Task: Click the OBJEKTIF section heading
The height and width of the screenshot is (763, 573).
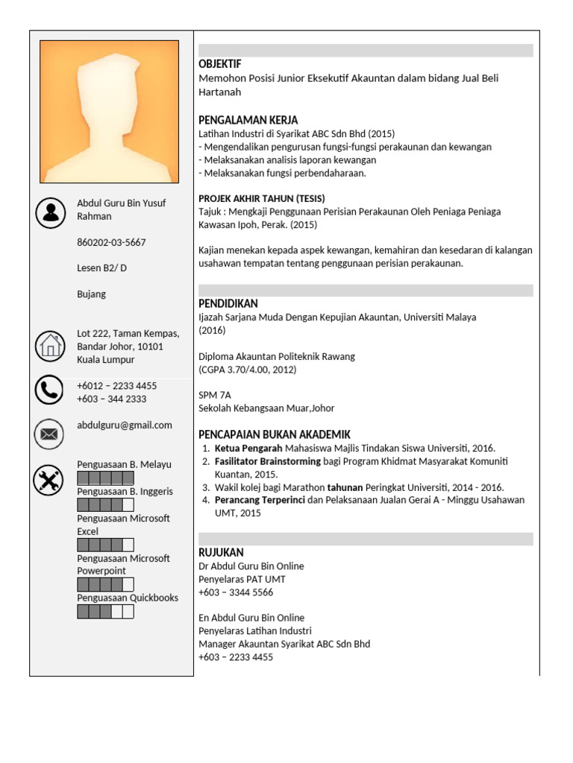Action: [x=220, y=64]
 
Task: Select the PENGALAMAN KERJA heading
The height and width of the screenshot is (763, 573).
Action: [x=248, y=120]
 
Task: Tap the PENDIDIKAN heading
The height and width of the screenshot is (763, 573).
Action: [x=228, y=303]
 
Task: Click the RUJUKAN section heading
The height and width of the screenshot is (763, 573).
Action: [x=221, y=552]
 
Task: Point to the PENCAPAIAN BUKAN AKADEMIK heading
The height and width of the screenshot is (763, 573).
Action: [x=274, y=434]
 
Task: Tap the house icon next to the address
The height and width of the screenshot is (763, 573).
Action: [x=51, y=346]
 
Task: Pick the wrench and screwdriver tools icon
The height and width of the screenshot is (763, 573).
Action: [x=49, y=481]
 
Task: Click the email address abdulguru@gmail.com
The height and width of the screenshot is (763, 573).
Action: [x=125, y=425]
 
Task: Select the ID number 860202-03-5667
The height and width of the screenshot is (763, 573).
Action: [x=111, y=242]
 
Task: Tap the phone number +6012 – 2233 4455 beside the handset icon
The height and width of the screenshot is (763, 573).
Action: [x=116, y=385]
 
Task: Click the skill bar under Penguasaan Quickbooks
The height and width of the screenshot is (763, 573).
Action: [x=105, y=612]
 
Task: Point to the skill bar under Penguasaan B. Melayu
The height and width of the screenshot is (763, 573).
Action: [x=105, y=478]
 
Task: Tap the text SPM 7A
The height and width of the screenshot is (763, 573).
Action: [x=215, y=395]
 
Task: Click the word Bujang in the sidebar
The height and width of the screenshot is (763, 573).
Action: [x=92, y=294]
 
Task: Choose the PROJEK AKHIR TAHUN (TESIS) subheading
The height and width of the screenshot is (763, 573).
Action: [x=256, y=198]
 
